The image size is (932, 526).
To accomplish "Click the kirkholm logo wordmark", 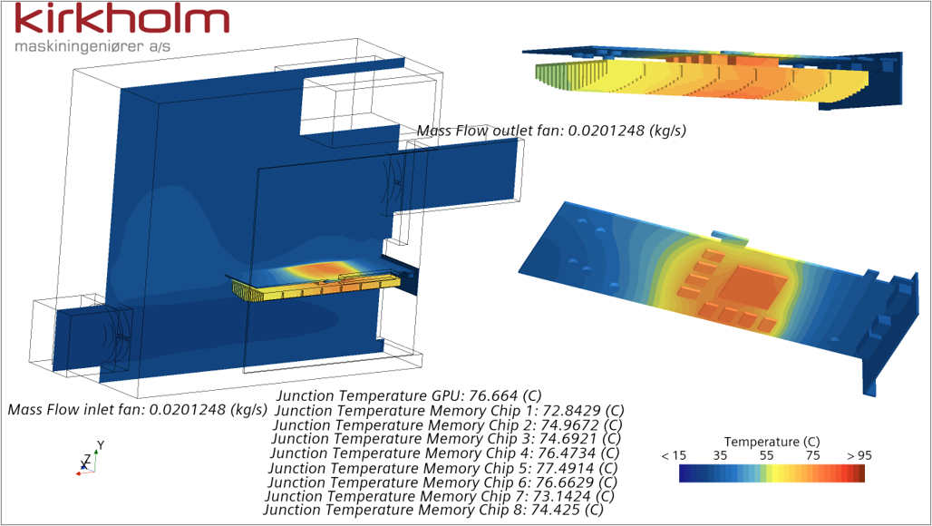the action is click(x=121, y=19).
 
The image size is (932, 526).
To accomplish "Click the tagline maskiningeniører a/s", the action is click(x=92, y=46).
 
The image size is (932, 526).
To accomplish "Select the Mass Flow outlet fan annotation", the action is click(x=551, y=131).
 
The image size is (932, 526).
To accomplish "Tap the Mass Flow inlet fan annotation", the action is click(x=137, y=410).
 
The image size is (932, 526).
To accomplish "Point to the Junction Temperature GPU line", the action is click(x=410, y=395).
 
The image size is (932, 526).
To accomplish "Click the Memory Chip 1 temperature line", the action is click(x=450, y=411).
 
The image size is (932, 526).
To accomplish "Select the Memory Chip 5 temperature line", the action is click(x=443, y=468).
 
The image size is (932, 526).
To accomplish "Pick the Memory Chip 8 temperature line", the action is click(x=433, y=510).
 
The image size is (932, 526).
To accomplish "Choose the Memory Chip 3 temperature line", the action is click(x=446, y=439).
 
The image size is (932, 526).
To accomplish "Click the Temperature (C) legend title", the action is click(x=772, y=442).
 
